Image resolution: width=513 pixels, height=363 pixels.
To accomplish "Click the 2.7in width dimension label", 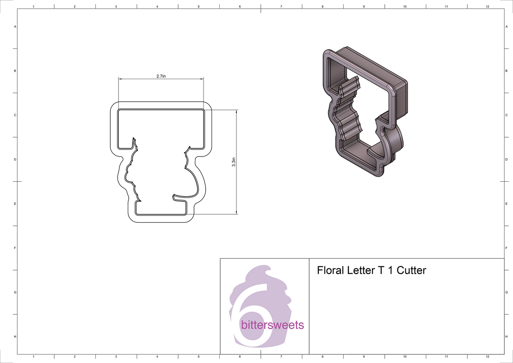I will pos(161,76).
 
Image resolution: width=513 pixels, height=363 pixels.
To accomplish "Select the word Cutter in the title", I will pos(412,271).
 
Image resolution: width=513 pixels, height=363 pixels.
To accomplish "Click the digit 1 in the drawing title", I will pos(390,271).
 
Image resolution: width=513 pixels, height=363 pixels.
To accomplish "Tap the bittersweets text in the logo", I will pos(272,325).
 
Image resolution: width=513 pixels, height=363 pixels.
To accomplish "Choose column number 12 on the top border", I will pos(487,6).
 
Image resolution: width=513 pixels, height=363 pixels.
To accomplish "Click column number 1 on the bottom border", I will pos(33,356).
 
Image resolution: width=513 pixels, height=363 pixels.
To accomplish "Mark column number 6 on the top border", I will pos(240,6).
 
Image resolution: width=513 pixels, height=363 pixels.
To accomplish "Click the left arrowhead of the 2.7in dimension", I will pos(120,79).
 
